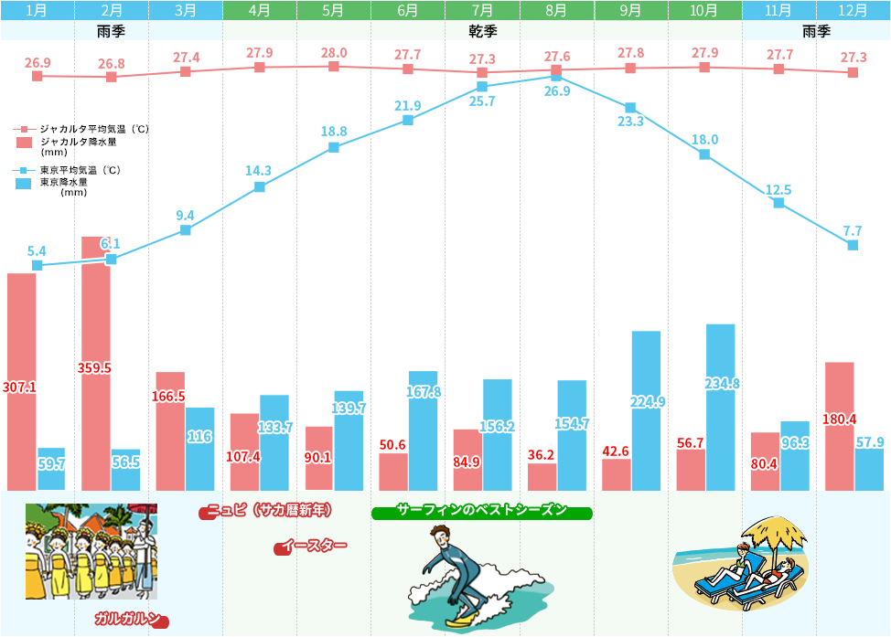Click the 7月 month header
point(482,11)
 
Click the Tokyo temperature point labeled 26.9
point(556,77)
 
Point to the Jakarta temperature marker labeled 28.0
point(334,66)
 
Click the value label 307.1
point(19,388)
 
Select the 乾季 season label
point(482,31)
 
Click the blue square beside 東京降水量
point(25,183)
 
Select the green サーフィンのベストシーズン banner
point(482,511)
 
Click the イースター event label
point(313,547)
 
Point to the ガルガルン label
point(129,619)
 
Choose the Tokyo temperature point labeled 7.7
point(853,245)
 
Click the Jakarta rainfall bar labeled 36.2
point(542,476)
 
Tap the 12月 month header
point(853,11)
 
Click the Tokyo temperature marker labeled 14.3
point(260,186)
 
